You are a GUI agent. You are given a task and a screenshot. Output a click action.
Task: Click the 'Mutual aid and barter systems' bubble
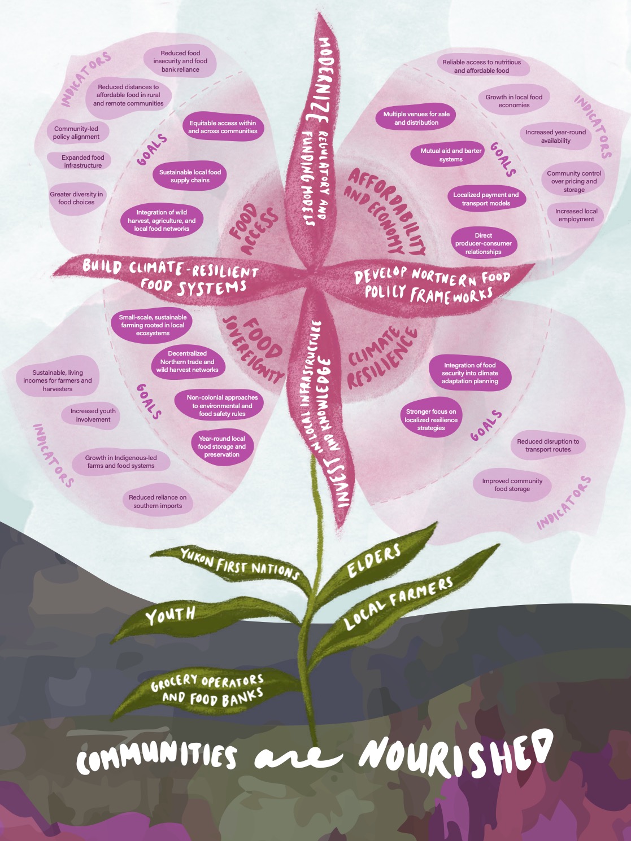coord(451,155)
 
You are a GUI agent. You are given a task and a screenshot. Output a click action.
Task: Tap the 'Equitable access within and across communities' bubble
coord(223,127)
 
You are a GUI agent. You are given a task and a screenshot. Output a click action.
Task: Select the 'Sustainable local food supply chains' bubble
coord(190,176)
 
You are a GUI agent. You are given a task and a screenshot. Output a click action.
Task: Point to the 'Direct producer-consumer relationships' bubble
coord(483,243)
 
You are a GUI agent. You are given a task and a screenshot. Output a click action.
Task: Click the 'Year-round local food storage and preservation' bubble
coord(221,446)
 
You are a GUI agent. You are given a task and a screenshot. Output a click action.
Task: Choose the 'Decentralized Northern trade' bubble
coord(187,362)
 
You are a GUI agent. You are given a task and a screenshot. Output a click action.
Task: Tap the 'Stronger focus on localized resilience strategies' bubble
coord(431,420)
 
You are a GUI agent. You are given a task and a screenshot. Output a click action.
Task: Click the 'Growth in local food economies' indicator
coord(513,101)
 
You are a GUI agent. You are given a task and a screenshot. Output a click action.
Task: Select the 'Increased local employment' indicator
coord(576,215)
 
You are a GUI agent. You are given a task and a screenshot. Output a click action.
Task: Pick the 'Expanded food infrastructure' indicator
coord(83,161)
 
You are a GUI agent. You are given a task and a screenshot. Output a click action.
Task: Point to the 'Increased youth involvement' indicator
coord(93,415)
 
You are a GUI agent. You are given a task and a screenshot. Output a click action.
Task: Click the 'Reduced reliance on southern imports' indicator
coord(158,502)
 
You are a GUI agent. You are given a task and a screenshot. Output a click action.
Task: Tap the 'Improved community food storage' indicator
coord(512,485)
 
